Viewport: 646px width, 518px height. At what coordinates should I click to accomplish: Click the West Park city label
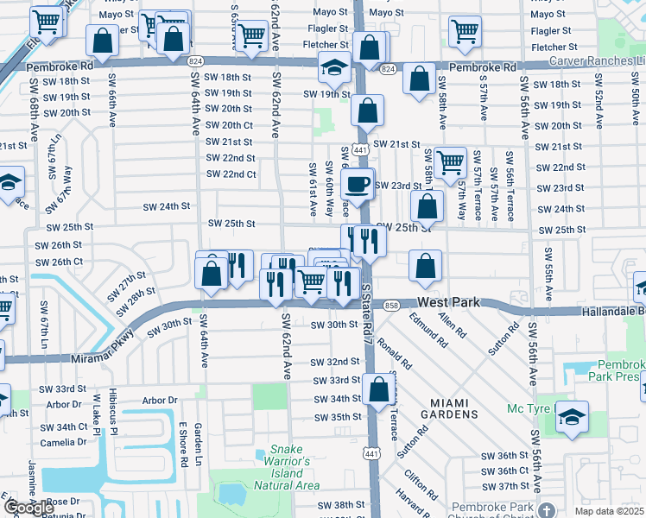pyautogui.click(x=448, y=303)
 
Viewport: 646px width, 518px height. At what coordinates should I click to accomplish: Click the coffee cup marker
pyautogui.click(x=357, y=183)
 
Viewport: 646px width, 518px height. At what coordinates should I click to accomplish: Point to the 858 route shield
pyautogui.click(x=391, y=306)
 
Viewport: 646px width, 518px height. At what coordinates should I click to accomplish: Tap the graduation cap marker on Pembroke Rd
pyautogui.click(x=333, y=66)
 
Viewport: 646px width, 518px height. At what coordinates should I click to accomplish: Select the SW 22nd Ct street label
pyautogui.click(x=231, y=174)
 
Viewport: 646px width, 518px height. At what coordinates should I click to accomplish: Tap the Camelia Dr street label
pyautogui.click(x=62, y=442)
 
